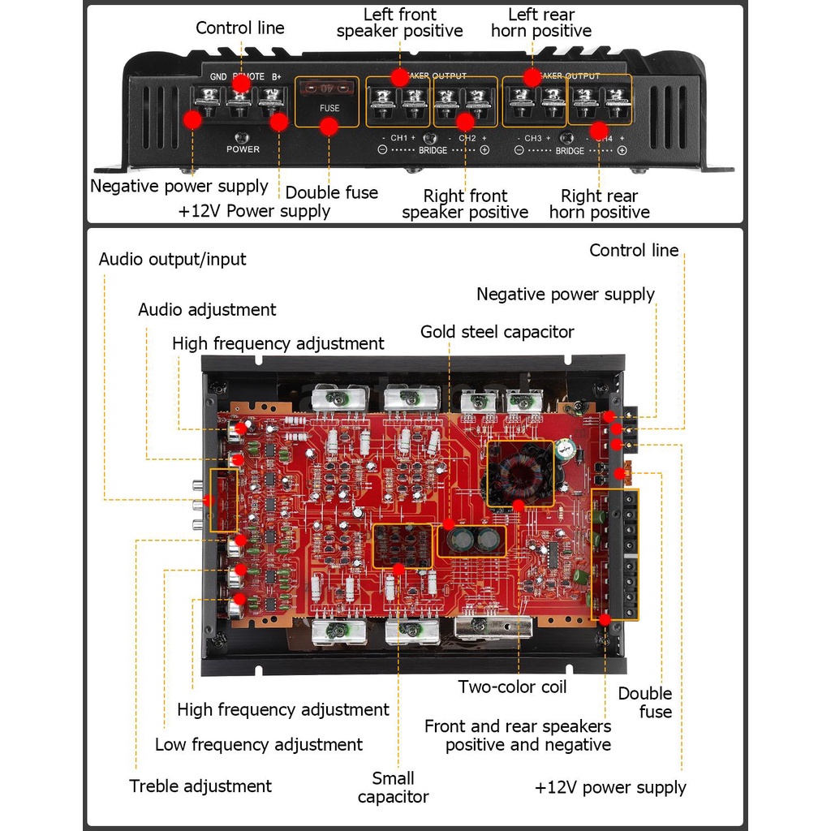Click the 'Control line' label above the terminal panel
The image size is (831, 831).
[240, 28]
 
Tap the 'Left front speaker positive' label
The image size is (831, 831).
[399, 23]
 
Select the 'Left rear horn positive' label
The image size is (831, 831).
[541, 23]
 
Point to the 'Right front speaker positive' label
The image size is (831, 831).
[465, 204]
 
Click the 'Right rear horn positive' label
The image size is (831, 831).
[600, 204]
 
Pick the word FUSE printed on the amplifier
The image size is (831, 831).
[329, 107]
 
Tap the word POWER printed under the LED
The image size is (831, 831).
[243, 149]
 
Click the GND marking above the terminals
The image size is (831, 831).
[218, 77]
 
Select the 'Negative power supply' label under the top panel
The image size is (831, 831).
[179, 186]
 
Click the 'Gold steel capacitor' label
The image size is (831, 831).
[497, 332]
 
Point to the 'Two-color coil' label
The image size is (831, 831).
[512, 687]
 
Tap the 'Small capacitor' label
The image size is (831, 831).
[393, 787]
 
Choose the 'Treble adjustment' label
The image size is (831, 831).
[200, 786]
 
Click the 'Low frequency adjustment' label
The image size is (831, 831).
[258, 744]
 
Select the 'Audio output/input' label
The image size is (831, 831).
[172, 260]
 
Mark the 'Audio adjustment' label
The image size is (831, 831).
[207, 309]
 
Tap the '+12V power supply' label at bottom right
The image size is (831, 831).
[610, 787]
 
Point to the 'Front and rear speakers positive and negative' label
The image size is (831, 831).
[518, 735]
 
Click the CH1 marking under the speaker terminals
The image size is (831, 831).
[398, 138]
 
